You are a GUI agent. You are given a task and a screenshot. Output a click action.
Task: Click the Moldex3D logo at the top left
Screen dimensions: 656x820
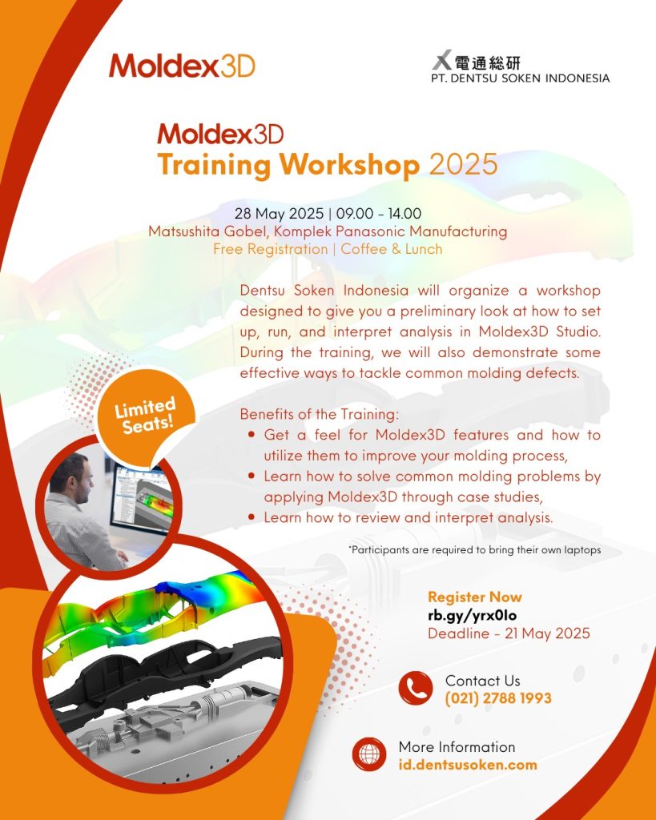[182, 66]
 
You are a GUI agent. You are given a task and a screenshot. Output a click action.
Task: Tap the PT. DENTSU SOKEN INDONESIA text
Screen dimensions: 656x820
[521, 78]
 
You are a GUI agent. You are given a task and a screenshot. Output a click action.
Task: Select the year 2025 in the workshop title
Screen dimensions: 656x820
[464, 164]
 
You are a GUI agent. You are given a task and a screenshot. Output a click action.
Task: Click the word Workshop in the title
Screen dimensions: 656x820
[349, 165]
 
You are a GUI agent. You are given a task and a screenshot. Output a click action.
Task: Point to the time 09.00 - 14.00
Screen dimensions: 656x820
[379, 213]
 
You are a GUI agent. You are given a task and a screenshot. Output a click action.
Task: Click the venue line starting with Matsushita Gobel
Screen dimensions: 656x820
[328, 231]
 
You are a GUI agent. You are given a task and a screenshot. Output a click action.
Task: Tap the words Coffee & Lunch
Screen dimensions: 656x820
[392, 249]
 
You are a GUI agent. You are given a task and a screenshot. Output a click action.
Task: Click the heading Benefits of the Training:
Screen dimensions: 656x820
[320, 414]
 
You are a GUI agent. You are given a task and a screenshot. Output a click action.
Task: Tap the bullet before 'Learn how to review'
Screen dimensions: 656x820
[252, 517]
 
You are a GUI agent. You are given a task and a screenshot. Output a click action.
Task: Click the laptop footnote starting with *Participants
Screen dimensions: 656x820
[474, 549]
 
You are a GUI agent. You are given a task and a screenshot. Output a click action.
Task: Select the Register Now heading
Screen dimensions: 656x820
[475, 597]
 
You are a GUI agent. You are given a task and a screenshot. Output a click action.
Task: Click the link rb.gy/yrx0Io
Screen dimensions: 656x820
[473, 616]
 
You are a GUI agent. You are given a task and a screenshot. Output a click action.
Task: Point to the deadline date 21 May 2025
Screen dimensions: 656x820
[547, 633]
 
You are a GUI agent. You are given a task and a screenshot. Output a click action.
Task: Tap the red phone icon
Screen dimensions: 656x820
[416, 688]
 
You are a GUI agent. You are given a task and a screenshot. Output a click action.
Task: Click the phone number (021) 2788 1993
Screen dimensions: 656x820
[498, 698]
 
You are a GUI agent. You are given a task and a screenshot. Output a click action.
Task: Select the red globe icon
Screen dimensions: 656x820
[369, 754]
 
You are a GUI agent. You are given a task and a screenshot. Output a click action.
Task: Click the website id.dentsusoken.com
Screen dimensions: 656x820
[468, 765]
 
